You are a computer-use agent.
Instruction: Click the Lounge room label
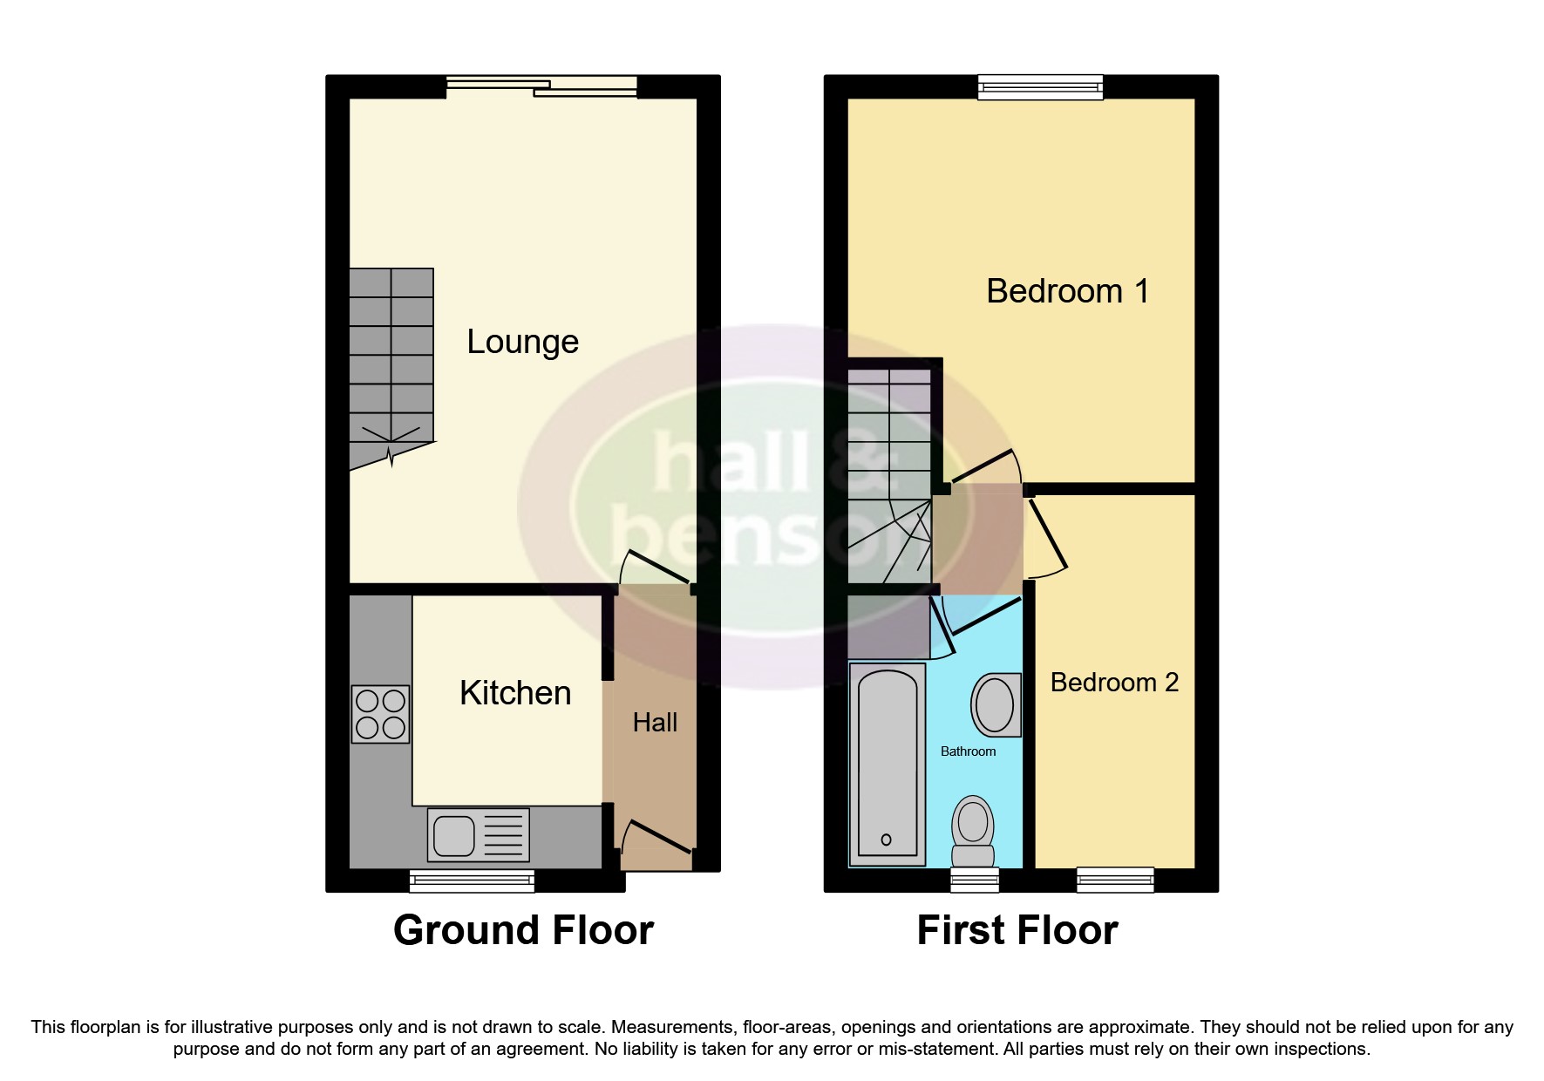pyautogui.click(x=522, y=342)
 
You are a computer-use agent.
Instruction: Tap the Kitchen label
pyautogui.click(x=515, y=693)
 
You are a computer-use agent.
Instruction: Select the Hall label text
pyautogui.click(x=655, y=723)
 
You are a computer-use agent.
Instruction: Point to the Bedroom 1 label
pyautogui.click(x=1067, y=291)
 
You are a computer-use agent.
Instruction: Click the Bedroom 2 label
pyautogui.click(x=1114, y=683)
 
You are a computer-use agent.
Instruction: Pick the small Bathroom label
pyautogui.click(x=968, y=751)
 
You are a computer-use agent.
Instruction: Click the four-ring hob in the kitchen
pyautogui.click(x=380, y=714)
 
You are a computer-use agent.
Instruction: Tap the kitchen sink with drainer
pyautogui.click(x=478, y=835)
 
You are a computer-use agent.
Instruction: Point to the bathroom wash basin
pyautogui.click(x=995, y=704)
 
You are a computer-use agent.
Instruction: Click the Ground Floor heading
pyautogui.click(x=523, y=930)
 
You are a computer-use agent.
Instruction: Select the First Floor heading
pyautogui.click(x=1017, y=930)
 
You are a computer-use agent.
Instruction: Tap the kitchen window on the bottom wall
pyautogui.click(x=472, y=880)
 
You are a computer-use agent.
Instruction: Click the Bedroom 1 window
pyautogui.click(x=1040, y=86)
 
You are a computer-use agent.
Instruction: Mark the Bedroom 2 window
pyautogui.click(x=1115, y=880)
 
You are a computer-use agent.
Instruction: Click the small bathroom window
pyautogui.click(x=974, y=880)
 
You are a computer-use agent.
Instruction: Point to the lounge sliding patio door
pyautogui.click(x=541, y=85)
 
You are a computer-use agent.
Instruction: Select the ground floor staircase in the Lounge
pyautogui.click(x=391, y=366)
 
